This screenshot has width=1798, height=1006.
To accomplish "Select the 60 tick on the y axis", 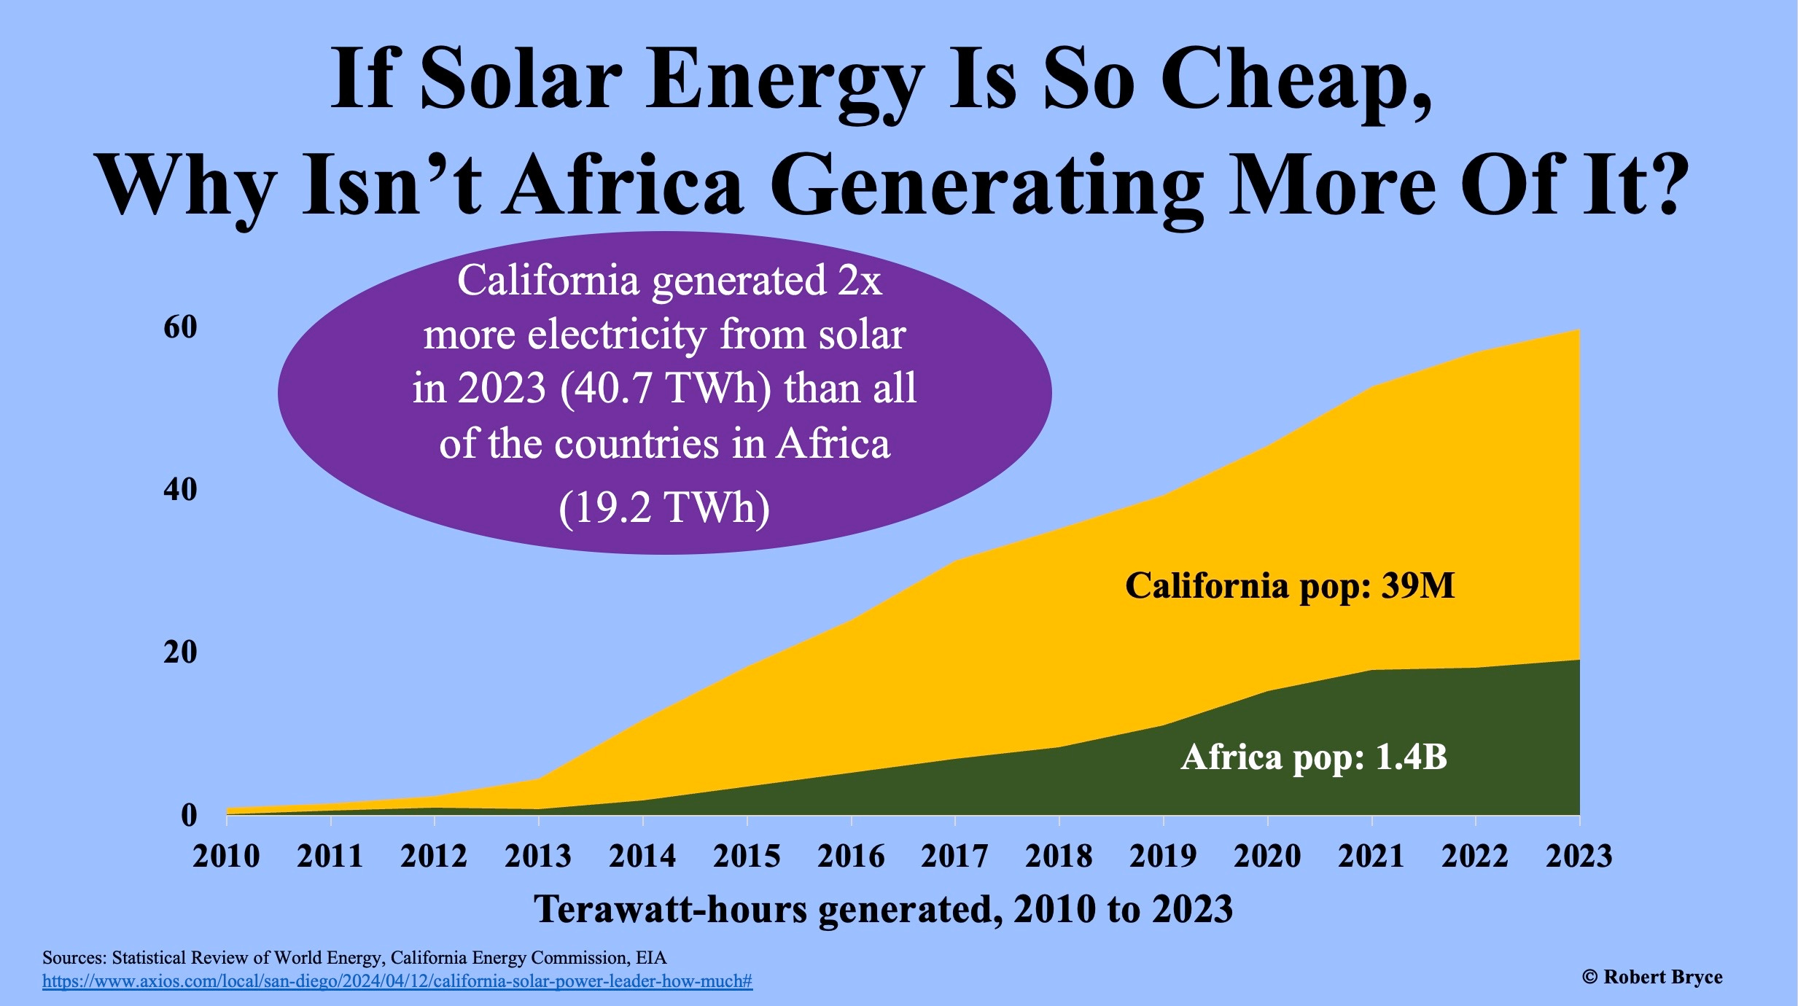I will tap(180, 327).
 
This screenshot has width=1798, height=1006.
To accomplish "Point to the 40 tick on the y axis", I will tap(180, 490).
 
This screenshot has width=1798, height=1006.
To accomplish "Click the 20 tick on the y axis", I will tap(180, 652).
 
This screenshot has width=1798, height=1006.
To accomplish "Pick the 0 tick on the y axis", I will tap(189, 815).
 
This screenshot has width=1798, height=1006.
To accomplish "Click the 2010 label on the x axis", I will tap(226, 857).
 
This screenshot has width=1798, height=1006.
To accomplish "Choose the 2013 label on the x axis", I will tap(538, 857).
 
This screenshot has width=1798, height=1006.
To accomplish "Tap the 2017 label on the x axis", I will tap(954, 857).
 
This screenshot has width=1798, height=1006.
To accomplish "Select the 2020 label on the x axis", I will tap(1267, 857).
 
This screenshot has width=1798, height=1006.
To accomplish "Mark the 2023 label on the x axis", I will tap(1579, 857).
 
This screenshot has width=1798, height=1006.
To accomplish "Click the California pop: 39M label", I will tap(1289, 586).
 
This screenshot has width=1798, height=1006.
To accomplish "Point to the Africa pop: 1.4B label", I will tap(1313, 757).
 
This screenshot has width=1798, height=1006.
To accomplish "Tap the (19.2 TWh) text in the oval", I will tap(664, 507).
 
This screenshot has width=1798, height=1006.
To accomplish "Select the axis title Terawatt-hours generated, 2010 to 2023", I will tap(883, 910).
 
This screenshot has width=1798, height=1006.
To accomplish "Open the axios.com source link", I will tap(397, 981).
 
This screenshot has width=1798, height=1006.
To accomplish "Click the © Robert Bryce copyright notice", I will tap(1651, 977).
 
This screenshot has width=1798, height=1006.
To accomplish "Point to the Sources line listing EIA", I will tap(354, 957).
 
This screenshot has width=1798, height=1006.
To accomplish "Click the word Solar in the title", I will tap(521, 79).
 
